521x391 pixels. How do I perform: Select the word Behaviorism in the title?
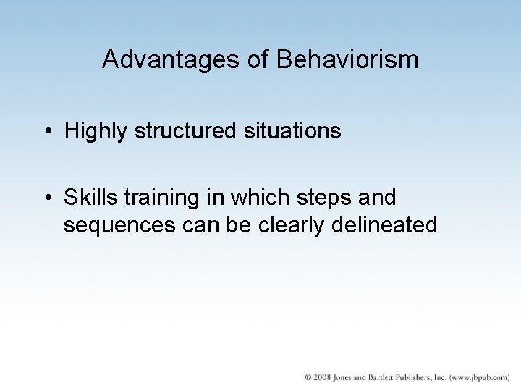pos(347,59)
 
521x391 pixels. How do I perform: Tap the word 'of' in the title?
pos(256,59)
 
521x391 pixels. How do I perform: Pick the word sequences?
pos(117,225)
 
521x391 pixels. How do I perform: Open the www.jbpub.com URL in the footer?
pos(480,377)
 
